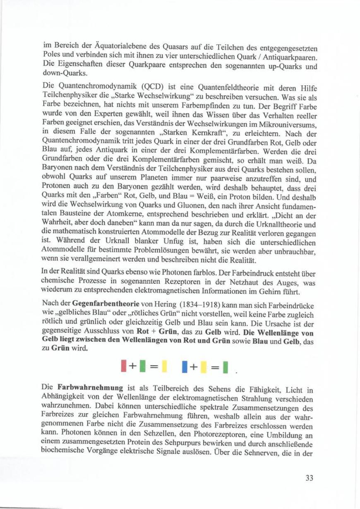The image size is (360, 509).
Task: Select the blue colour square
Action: [185, 366]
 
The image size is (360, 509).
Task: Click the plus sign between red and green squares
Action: [132, 366]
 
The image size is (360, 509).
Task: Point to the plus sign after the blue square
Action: [194, 366]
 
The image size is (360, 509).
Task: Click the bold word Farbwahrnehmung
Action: [90, 388]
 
